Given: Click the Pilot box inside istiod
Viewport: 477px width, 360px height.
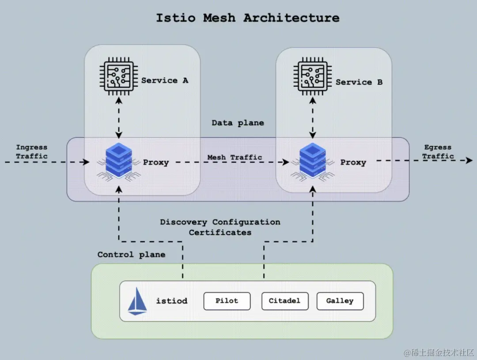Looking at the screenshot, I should [x=227, y=301].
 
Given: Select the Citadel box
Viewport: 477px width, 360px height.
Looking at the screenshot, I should [x=284, y=301].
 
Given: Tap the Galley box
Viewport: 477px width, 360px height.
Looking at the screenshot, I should [x=340, y=301].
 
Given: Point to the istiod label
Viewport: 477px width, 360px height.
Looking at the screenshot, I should [x=171, y=301].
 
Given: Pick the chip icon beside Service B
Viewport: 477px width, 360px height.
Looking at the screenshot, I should [x=313, y=78].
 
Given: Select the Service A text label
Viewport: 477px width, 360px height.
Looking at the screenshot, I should [x=165, y=81].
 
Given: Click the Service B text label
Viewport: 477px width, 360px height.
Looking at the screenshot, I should [x=359, y=82].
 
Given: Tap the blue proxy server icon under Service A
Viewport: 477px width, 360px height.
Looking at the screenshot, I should [x=117, y=162].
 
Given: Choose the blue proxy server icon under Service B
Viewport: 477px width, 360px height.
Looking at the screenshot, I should [x=313, y=162].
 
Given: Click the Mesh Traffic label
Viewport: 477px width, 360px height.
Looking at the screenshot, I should [x=235, y=157].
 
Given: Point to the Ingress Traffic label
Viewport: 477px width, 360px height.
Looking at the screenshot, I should [x=32, y=152].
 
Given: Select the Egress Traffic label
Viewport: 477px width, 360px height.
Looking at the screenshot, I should [x=438, y=152].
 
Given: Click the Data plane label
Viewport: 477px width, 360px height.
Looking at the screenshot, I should [x=238, y=123].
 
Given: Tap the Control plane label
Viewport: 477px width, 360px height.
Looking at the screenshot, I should [x=131, y=254].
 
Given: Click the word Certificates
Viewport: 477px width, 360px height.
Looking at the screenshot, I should [x=220, y=232].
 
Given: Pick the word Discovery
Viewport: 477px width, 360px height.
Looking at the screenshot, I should [x=183, y=222].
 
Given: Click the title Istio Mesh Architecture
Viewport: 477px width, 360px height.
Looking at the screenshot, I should [x=247, y=18].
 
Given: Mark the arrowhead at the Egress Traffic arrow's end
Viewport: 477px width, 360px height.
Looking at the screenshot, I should [x=469, y=161].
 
